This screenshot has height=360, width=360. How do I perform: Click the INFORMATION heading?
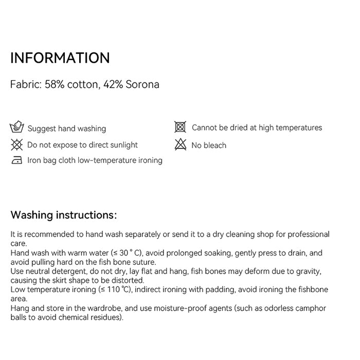pos(60,58)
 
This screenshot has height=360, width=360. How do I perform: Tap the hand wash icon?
pos(17,128)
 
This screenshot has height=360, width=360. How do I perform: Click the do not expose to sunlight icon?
pos(17,145)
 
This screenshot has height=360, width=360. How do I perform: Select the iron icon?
pos(17,160)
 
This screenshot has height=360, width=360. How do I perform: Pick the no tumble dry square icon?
pos(180,127)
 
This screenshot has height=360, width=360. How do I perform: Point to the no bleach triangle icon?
pos(180,145)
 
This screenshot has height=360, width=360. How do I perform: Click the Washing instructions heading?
pos(64,214)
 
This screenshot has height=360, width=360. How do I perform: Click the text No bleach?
pos(209,146)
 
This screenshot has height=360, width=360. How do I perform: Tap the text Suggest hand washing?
pos(66,129)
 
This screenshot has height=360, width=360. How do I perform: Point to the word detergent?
pos(73,272)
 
